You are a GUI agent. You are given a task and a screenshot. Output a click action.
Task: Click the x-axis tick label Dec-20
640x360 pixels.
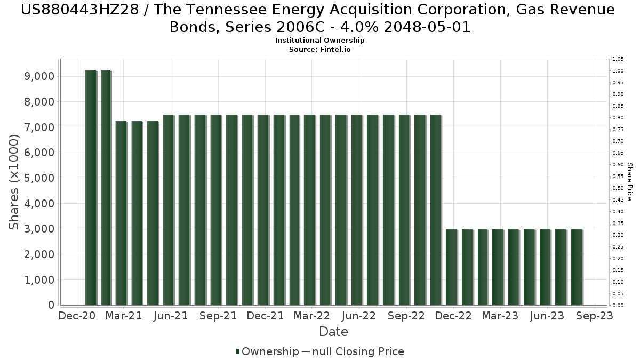pos(76,316)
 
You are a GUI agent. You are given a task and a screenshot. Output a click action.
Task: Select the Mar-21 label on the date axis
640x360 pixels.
pos(123,316)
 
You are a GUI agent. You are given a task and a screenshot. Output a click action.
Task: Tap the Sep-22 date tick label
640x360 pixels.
pos(406,316)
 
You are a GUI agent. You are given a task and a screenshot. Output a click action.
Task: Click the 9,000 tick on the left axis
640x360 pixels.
pos(39,76)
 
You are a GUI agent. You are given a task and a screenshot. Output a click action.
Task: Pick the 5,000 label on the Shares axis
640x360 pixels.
pos(39,178)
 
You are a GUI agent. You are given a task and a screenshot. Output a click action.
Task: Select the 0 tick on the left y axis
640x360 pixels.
pos(51,306)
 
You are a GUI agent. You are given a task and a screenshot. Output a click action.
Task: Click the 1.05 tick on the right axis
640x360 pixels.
pos(618,59)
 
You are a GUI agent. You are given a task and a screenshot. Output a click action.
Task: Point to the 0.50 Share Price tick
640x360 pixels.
pos(618,188)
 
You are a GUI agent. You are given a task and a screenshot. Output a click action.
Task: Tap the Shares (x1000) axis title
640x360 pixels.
pos(14,182)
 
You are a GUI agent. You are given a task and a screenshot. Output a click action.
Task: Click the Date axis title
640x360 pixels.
pos(333,332)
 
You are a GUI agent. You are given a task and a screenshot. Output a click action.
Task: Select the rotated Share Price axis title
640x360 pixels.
pos(630,182)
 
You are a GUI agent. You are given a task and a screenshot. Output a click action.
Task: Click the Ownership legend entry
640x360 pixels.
pos(267,351)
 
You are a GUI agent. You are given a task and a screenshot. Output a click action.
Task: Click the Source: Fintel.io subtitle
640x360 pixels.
pos(320,49)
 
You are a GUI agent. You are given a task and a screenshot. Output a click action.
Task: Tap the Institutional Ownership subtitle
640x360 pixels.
pos(320,41)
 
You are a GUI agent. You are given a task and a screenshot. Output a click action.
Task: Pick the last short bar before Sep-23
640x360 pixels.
pos(577,267)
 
